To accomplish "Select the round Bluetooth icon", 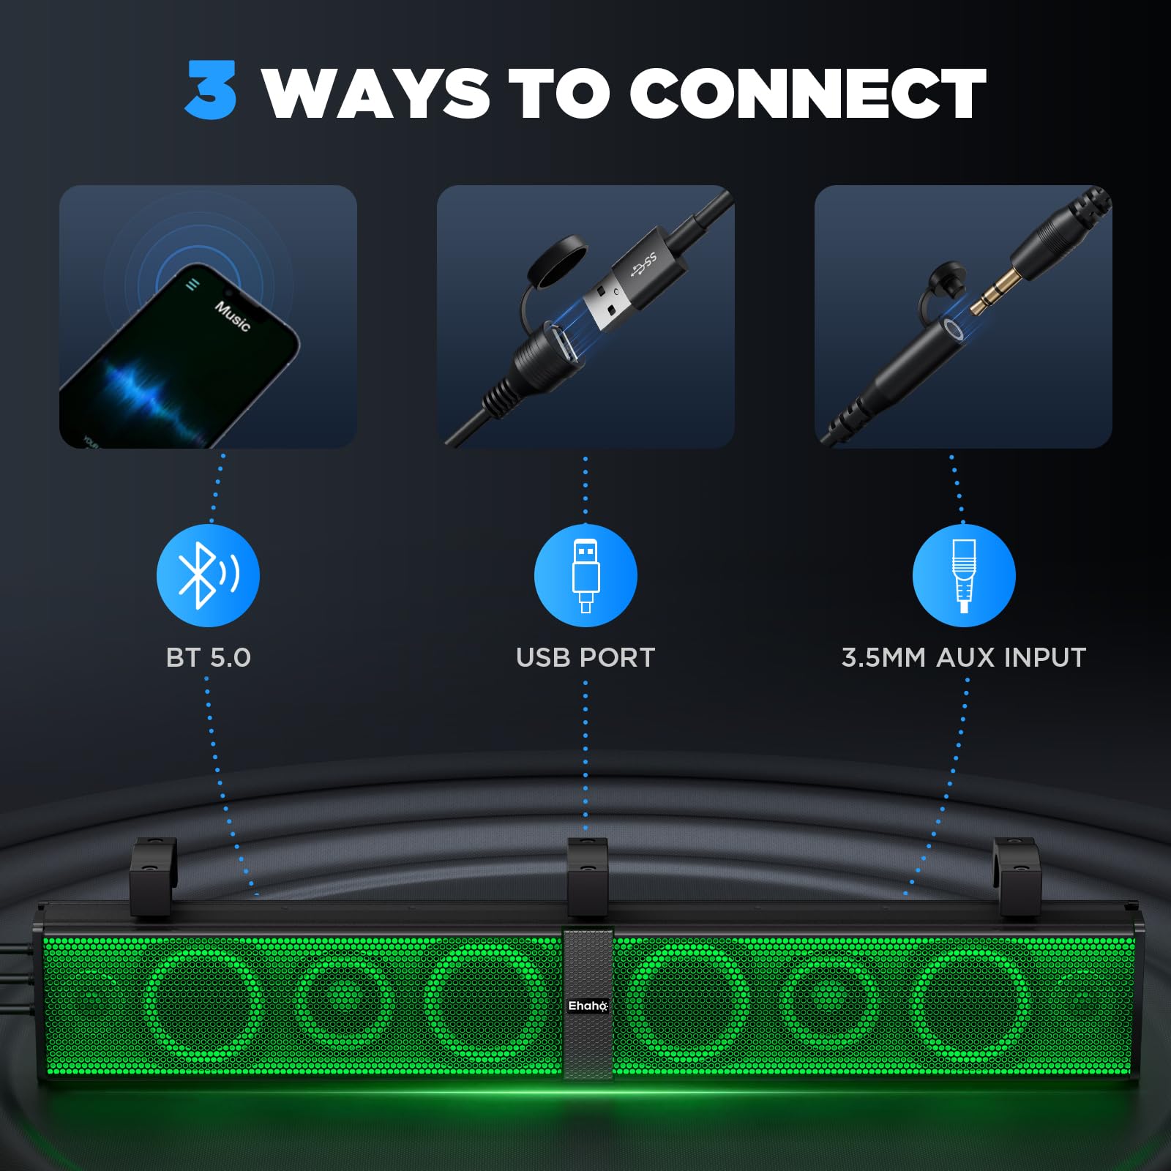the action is (x=209, y=575).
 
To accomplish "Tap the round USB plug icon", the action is (x=585, y=575).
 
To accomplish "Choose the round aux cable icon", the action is (x=964, y=575).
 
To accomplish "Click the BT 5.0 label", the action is (x=209, y=657).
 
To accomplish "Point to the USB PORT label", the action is (x=585, y=657).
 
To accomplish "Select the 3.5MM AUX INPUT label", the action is (x=964, y=657).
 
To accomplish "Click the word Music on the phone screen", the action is (x=233, y=315).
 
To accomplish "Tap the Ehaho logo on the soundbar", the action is (x=588, y=1006).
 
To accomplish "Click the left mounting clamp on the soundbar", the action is (x=153, y=876).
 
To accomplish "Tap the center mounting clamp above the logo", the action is (x=588, y=876).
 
